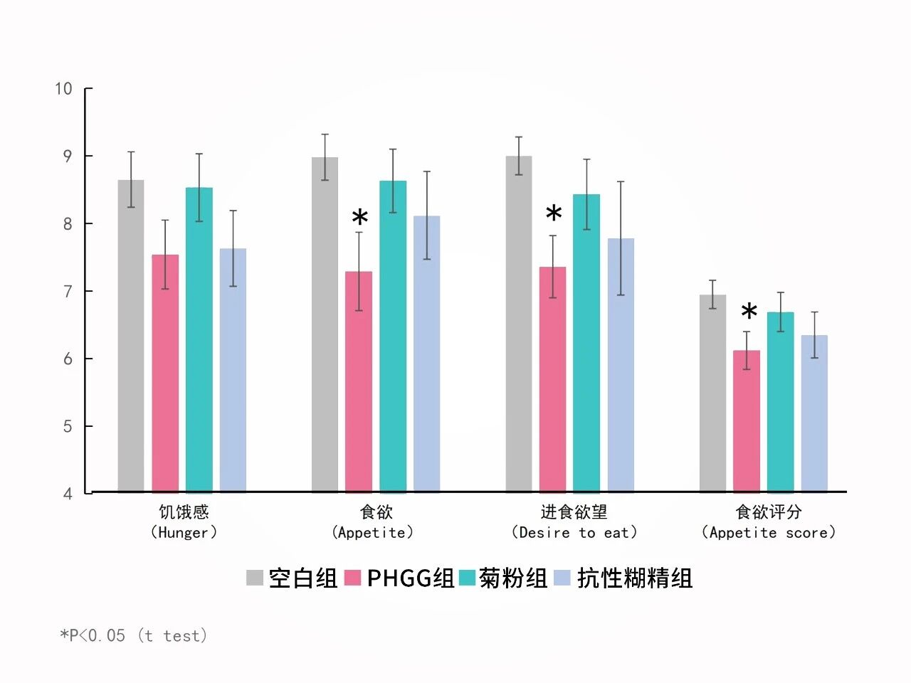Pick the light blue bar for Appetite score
tap(814, 413)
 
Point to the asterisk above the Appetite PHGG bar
tap(360, 218)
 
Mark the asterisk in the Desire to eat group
tap(554, 213)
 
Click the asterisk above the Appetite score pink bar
tap(749, 312)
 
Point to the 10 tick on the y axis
tap(64, 89)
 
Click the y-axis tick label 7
tap(68, 291)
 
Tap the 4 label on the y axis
tap(68, 494)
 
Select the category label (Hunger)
tap(184, 532)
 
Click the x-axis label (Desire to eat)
tap(574, 532)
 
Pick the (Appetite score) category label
tap(768, 532)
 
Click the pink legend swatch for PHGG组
tap(353, 578)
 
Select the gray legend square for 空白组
tap(255, 578)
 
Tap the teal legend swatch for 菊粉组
tap(467, 578)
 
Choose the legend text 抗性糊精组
tap(634, 578)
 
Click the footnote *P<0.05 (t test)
tap(134, 635)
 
